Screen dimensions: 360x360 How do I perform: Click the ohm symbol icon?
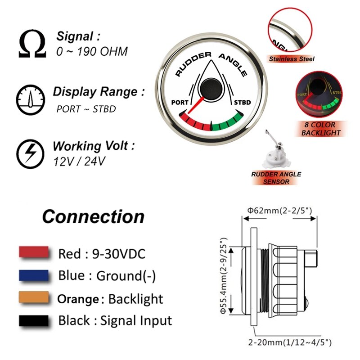tap(32, 44)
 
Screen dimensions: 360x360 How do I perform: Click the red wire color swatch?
tap(34, 252)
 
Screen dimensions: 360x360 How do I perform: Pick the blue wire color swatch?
tap(34, 275)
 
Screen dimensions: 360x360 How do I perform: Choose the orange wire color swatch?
tap(34, 297)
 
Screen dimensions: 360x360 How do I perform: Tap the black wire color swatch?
tap(34, 320)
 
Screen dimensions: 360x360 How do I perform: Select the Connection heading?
tap(93, 216)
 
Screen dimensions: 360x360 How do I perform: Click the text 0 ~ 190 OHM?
tap(92, 52)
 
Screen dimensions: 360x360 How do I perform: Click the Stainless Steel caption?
tap(292, 58)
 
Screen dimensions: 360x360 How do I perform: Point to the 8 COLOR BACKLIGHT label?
tap(321, 130)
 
